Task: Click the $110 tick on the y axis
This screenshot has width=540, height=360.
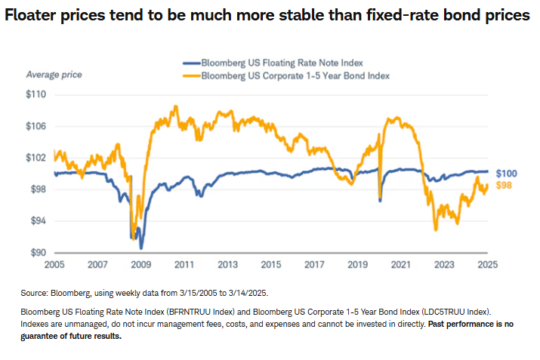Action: (37, 95)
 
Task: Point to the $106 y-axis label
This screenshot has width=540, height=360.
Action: (37, 127)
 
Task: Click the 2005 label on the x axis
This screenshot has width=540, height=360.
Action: (54, 265)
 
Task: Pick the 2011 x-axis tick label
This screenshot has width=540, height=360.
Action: (184, 265)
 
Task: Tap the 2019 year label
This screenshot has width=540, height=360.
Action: (358, 265)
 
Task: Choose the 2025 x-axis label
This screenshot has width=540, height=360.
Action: (488, 265)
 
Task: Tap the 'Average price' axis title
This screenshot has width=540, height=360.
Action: (54, 74)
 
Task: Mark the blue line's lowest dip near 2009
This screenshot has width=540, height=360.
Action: (141, 248)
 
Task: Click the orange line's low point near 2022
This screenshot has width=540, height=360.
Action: (436, 230)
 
